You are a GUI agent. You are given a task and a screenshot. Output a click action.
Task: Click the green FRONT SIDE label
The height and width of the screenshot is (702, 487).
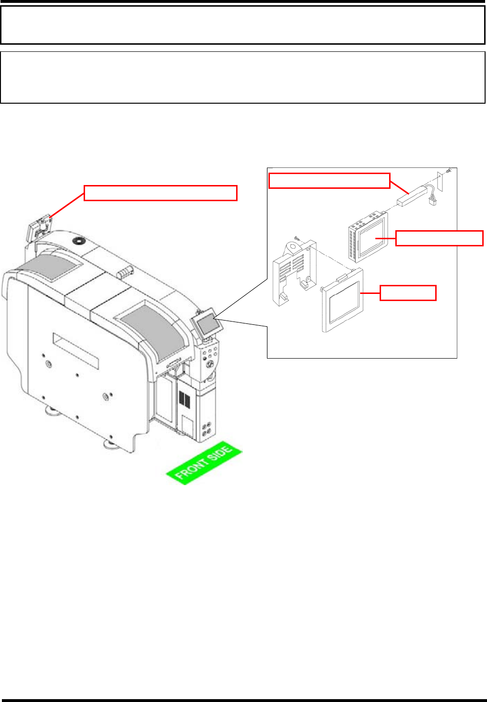tap(204, 464)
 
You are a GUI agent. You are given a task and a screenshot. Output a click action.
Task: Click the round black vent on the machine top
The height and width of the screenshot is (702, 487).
tap(77, 241)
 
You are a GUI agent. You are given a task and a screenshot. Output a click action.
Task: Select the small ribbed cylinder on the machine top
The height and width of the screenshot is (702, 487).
tap(124, 273)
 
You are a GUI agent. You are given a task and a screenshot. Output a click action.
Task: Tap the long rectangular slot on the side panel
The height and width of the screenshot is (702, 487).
tap(76, 351)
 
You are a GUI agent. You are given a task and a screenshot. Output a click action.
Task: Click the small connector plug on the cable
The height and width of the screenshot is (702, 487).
tap(433, 202)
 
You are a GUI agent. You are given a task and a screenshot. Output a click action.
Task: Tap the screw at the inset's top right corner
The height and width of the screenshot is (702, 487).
tap(449, 171)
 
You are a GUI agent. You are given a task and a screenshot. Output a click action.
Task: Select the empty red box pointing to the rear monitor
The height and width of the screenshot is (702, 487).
tap(161, 193)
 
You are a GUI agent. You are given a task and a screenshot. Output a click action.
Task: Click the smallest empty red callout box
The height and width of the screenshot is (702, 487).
tap(408, 293)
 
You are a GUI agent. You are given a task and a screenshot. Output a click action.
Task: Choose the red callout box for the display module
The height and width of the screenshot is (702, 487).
tap(439, 238)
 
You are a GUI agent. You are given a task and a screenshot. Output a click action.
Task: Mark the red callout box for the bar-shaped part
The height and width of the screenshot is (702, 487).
tap(329, 181)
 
